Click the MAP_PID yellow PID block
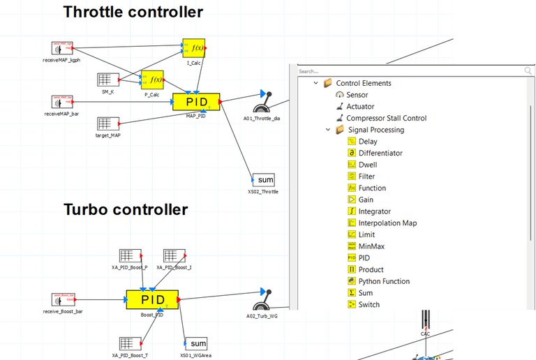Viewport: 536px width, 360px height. tap(196, 102)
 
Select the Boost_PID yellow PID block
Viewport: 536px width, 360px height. tap(153, 299)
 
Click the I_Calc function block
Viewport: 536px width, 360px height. tap(194, 48)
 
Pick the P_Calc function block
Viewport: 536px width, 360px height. tap(152, 80)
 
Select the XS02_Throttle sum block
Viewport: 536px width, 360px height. tap(263, 180)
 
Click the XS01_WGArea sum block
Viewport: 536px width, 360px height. tap(198, 343)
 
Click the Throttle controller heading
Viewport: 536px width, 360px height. tap(133, 12)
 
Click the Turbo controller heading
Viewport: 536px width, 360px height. tap(126, 209)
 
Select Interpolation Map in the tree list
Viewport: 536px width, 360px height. tap(387, 223)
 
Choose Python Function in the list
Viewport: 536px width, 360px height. tap(384, 281)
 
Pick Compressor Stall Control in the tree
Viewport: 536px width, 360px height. tap(386, 118)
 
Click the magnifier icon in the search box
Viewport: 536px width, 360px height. tap(528, 71)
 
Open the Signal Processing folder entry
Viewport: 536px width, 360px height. tap(375, 130)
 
